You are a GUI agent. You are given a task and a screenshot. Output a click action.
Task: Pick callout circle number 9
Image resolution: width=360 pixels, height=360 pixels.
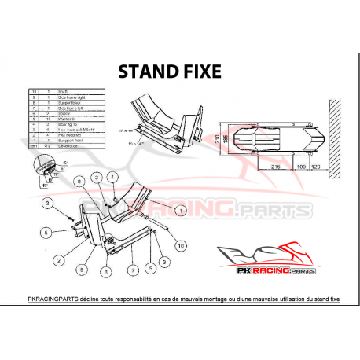78,182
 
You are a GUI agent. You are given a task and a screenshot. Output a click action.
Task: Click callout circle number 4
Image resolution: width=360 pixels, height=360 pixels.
112,178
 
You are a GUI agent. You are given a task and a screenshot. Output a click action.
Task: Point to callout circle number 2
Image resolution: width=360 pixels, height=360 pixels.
58,258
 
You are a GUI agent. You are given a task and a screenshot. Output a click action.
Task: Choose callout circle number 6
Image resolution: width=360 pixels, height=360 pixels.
104,272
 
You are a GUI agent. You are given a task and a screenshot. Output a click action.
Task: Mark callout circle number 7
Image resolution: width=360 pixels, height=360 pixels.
130,269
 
